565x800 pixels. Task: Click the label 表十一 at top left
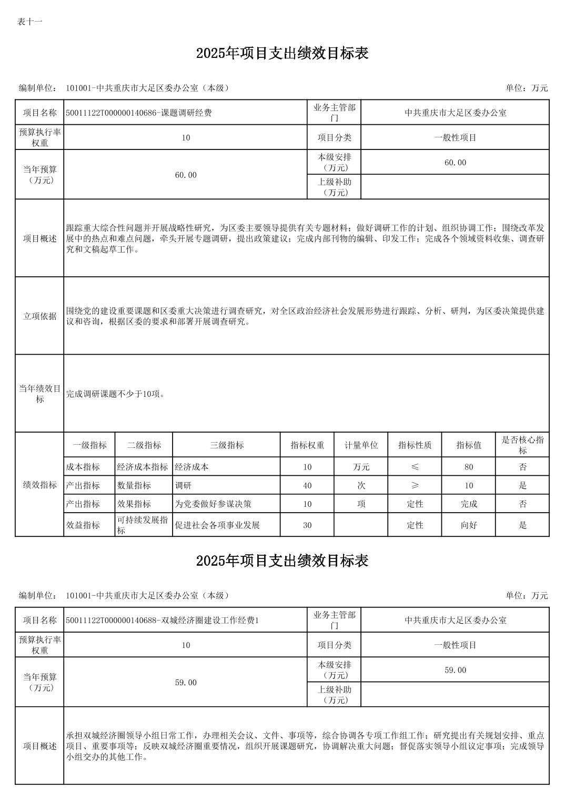[29, 22]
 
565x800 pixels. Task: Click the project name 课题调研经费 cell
[139, 113]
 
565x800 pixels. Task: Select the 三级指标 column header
[227, 445]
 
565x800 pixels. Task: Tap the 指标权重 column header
[307, 445]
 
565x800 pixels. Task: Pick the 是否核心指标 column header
[522, 445]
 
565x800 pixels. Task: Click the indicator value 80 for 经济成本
[469, 467]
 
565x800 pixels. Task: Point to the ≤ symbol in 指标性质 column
[415, 467]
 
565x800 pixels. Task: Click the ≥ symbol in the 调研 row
[415, 485]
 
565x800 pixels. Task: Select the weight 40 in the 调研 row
[307, 485]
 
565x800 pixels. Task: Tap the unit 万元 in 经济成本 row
[361, 467]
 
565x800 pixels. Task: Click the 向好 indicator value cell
[469, 525]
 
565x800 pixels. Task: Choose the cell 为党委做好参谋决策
[213, 504]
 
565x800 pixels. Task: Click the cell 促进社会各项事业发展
[217, 525]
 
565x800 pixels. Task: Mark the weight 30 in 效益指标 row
[307, 525]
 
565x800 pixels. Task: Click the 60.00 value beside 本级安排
[455, 163]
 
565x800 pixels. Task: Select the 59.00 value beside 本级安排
[455, 670]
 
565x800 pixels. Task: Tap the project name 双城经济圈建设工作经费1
[163, 621]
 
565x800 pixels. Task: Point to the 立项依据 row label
[39, 316]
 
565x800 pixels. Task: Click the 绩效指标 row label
[39, 485]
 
